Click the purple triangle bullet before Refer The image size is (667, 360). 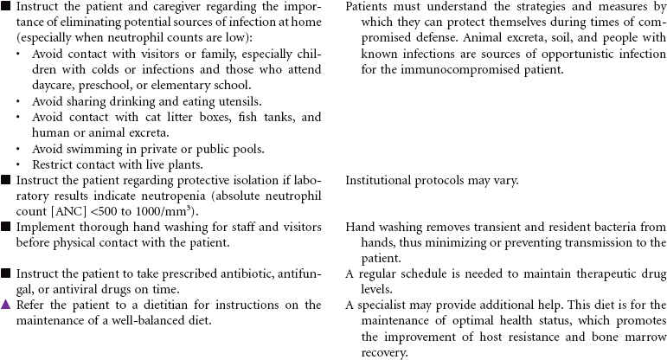point(5,305)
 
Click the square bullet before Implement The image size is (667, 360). point(5,227)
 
